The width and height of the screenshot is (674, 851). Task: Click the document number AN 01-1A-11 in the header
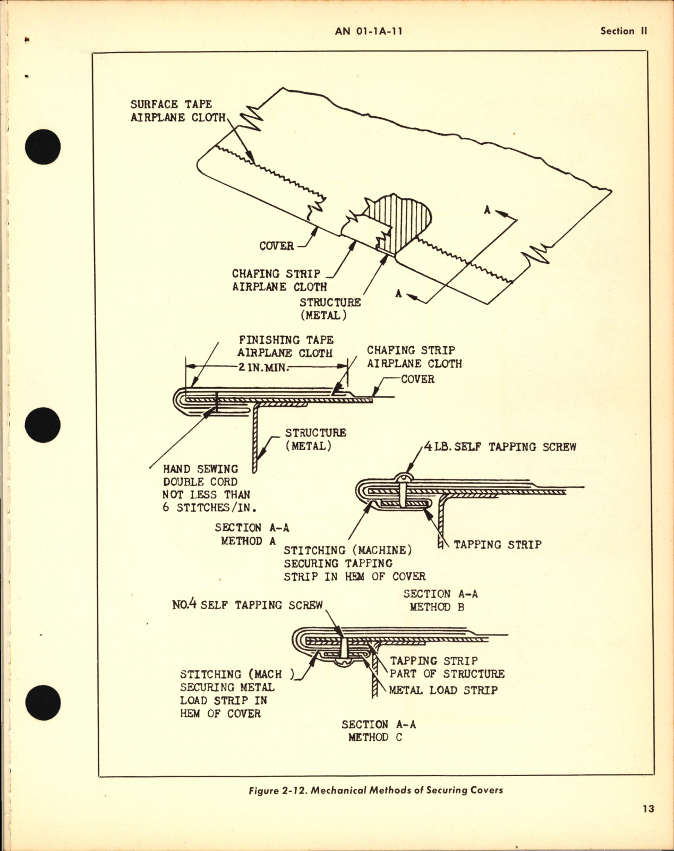point(369,31)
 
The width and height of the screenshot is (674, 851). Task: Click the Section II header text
point(624,31)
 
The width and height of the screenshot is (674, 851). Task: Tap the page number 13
point(647,809)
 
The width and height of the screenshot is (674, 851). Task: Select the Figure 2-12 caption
point(375,790)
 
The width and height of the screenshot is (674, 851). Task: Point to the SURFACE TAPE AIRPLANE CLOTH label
point(178,110)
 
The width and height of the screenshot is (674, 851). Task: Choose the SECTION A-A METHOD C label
point(378,730)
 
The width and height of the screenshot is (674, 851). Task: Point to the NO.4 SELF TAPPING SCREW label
point(247,605)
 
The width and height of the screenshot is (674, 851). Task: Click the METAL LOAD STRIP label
point(443,690)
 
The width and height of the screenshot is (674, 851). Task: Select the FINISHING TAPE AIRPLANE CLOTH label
point(285,346)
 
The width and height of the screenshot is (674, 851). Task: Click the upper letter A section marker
point(487,210)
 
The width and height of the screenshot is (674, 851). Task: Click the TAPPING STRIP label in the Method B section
point(497,544)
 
